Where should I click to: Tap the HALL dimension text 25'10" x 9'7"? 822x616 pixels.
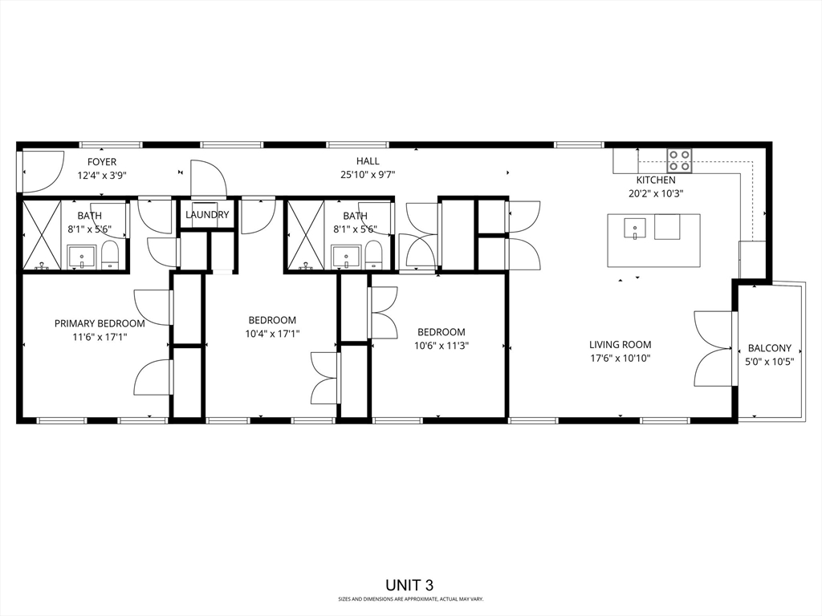click(368, 175)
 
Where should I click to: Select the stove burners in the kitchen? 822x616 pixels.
click(680, 160)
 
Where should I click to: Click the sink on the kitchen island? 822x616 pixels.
click(634, 228)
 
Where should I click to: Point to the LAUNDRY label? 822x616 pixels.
click(207, 215)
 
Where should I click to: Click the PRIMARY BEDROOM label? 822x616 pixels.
click(100, 323)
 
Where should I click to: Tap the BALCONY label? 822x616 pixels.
click(769, 348)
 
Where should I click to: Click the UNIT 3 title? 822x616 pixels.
click(410, 586)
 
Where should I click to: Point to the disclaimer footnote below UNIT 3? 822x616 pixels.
click(410, 599)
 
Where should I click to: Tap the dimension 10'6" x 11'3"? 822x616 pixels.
click(441, 346)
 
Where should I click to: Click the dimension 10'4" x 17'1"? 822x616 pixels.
click(272, 334)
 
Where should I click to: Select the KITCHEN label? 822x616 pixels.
click(656, 180)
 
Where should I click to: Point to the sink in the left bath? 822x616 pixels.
click(81, 257)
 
